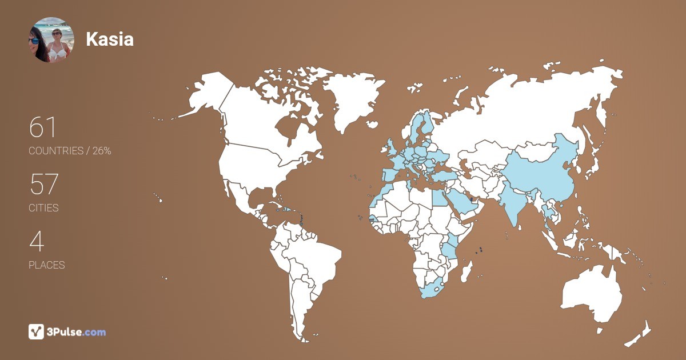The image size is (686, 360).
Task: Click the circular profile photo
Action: click(51, 39)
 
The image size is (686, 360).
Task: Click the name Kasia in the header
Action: click(110, 39)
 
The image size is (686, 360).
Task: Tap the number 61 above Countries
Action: click(43, 127)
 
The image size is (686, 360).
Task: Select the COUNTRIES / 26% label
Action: click(70, 151)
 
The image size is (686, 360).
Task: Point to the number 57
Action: click(43, 185)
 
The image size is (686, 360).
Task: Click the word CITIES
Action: click(43, 208)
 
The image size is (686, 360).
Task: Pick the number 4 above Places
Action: click(36, 242)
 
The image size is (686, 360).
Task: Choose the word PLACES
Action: click(46, 265)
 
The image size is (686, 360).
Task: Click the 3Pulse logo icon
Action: click(36, 331)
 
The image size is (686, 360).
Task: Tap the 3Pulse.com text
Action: click(76, 332)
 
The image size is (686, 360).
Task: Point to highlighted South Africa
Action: click(434, 289)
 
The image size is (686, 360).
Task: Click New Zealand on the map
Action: click(640, 334)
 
